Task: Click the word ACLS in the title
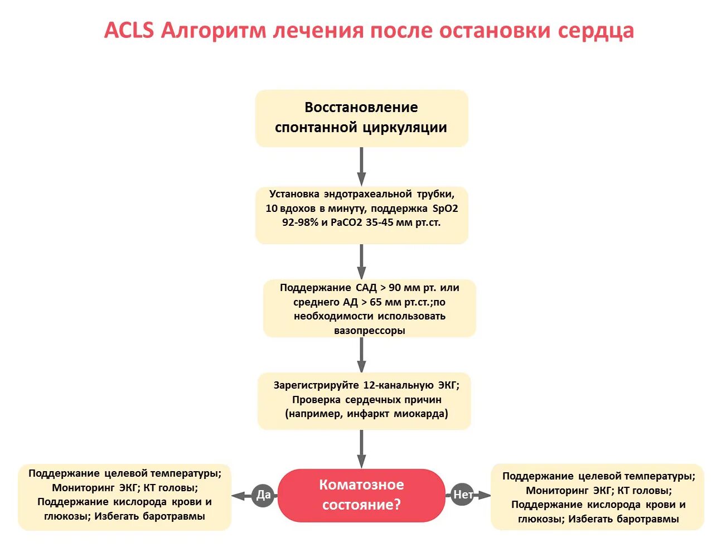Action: click(129, 30)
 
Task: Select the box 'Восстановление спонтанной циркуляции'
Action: click(361, 118)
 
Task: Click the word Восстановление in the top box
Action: click(361, 107)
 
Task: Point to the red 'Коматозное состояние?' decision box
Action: click(361, 495)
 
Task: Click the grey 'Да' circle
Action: click(263, 495)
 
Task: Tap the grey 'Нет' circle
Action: click(462, 495)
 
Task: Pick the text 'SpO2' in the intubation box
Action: click(445, 209)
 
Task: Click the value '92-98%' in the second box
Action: click(301, 222)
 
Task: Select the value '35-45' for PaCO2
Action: click(380, 222)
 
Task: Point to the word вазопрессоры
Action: click(370, 330)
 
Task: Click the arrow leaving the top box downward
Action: click(361, 166)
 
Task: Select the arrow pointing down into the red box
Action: click(361, 449)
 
